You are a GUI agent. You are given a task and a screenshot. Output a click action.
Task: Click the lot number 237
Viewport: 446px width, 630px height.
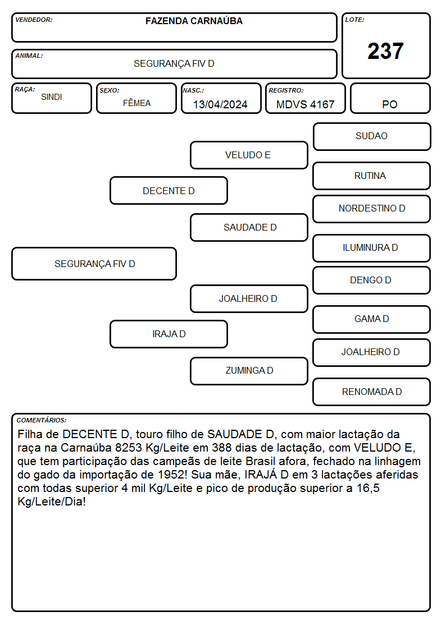tap(385, 51)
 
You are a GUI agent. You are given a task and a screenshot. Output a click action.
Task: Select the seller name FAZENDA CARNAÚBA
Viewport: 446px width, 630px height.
tap(194, 21)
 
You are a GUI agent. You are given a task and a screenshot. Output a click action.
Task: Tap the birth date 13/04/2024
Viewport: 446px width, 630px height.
tap(220, 104)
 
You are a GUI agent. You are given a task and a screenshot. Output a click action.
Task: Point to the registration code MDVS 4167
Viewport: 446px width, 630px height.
tap(305, 104)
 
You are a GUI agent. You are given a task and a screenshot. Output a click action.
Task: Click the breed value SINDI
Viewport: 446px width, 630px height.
tap(52, 97)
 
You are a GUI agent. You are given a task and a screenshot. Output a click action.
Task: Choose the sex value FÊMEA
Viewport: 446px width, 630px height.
tap(136, 103)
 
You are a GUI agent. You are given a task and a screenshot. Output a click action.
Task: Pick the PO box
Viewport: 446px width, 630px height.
tap(390, 98)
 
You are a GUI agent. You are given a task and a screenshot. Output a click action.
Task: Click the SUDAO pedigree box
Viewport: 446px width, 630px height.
tap(372, 137)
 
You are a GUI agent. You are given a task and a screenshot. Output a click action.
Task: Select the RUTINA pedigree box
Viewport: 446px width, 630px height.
tap(372, 176)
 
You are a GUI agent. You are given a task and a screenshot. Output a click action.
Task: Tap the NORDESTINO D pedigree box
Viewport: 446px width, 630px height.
tap(372, 209)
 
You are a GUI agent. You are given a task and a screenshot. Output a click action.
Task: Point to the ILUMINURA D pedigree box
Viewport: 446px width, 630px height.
tap(372, 248)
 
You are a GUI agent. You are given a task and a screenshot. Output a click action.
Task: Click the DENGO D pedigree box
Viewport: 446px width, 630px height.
tap(372, 280)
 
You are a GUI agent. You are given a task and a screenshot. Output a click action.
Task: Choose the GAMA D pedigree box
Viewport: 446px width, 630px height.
tap(372, 319)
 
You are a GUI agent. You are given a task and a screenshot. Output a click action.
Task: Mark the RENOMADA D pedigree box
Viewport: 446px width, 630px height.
tap(372, 392)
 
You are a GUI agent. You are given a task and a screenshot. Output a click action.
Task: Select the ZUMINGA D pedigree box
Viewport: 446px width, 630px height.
tap(249, 371)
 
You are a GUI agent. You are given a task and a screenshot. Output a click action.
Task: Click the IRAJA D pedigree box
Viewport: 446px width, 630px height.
tap(169, 334)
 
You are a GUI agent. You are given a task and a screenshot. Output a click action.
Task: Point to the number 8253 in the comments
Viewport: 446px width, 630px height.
tap(129, 448)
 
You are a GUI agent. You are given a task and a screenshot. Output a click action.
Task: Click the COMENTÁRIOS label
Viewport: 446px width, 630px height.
tap(42, 420)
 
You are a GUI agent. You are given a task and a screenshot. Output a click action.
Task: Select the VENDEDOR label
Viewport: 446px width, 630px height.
tap(34, 20)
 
